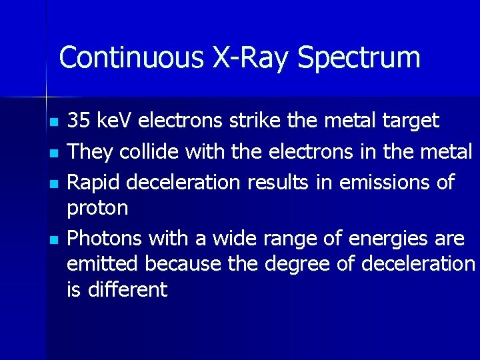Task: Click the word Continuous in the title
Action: [131, 57]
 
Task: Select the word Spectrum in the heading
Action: [359, 59]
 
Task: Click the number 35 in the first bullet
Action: [79, 121]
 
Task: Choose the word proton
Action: [97, 209]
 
